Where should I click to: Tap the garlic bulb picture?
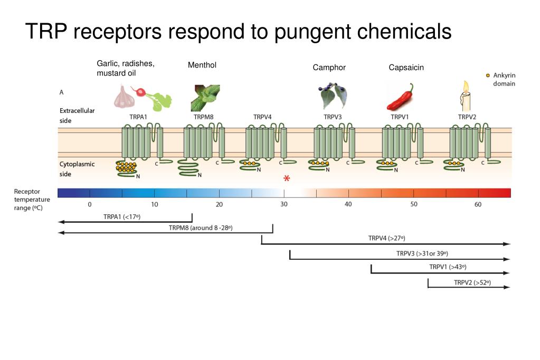(125, 97)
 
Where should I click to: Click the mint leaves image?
(205, 98)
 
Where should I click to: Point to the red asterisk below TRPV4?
(287, 178)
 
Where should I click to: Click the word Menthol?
(202, 65)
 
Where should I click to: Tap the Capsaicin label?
(406, 68)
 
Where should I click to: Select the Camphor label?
(329, 68)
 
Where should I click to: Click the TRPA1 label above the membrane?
(138, 117)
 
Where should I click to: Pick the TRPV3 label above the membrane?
(333, 117)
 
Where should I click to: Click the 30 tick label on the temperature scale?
(284, 204)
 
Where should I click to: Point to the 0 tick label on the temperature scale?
(90, 205)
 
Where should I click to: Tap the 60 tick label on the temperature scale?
(478, 205)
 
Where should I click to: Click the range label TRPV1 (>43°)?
(448, 267)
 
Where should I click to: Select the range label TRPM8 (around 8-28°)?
(201, 228)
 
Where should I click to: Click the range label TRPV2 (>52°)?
(472, 282)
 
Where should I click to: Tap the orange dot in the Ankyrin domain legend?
(488, 75)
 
